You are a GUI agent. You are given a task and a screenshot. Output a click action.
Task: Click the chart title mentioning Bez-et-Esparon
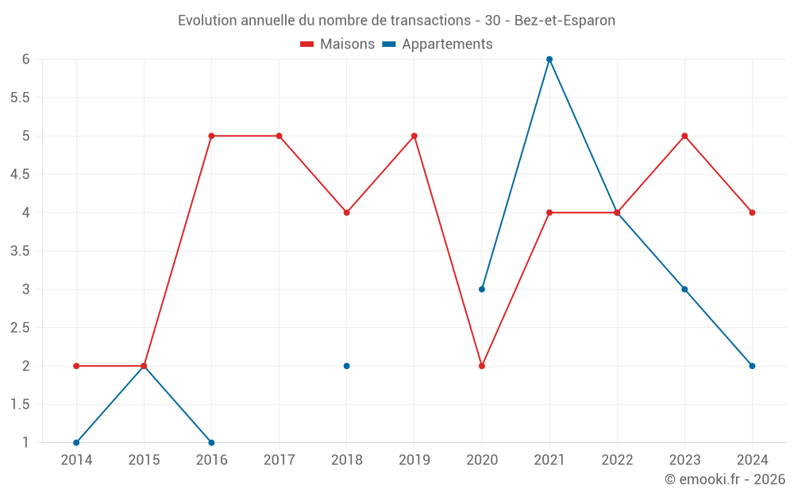click(x=396, y=21)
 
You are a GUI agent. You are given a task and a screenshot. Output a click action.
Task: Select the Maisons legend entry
click(x=337, y=44)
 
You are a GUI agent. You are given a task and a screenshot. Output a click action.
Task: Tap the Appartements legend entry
click(x=437, y=44)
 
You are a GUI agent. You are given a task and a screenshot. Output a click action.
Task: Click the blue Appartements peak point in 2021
click(x=549, y=60)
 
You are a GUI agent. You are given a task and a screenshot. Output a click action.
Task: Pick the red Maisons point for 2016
click(x=211, y=136)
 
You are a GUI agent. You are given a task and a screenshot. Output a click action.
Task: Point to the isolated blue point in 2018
click(x=347, y=366)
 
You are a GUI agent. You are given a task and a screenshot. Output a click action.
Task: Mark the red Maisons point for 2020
click(x=482, y=366)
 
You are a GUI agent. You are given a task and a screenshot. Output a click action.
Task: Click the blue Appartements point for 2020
click(x=482, y=289)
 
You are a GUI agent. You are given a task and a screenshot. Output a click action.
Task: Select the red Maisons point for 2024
click(x=752, y=213)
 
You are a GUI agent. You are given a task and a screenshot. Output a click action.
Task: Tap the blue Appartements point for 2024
click(x=752, y=366)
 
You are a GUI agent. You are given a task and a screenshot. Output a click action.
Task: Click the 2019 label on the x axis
click(x=414, y=460)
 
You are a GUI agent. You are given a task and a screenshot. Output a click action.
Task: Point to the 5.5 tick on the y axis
click(x=20, y=98)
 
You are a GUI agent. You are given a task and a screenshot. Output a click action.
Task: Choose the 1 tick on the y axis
click(x=25, y=443)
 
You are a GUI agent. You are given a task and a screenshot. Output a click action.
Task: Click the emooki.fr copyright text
click(x=724, y=479)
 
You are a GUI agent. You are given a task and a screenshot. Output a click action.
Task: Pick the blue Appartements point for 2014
click(x=76, y=443)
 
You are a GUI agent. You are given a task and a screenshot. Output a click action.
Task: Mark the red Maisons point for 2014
click(x=76, y=366)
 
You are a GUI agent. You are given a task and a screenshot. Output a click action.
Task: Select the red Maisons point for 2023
click(x=684, y=136)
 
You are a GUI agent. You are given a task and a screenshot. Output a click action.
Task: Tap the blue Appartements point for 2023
click(x=684, y=289)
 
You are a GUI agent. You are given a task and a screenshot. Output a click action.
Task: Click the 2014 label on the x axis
click(x=76, y=460)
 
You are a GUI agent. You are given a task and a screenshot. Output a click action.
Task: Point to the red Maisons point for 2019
click(x=414, y=136)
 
